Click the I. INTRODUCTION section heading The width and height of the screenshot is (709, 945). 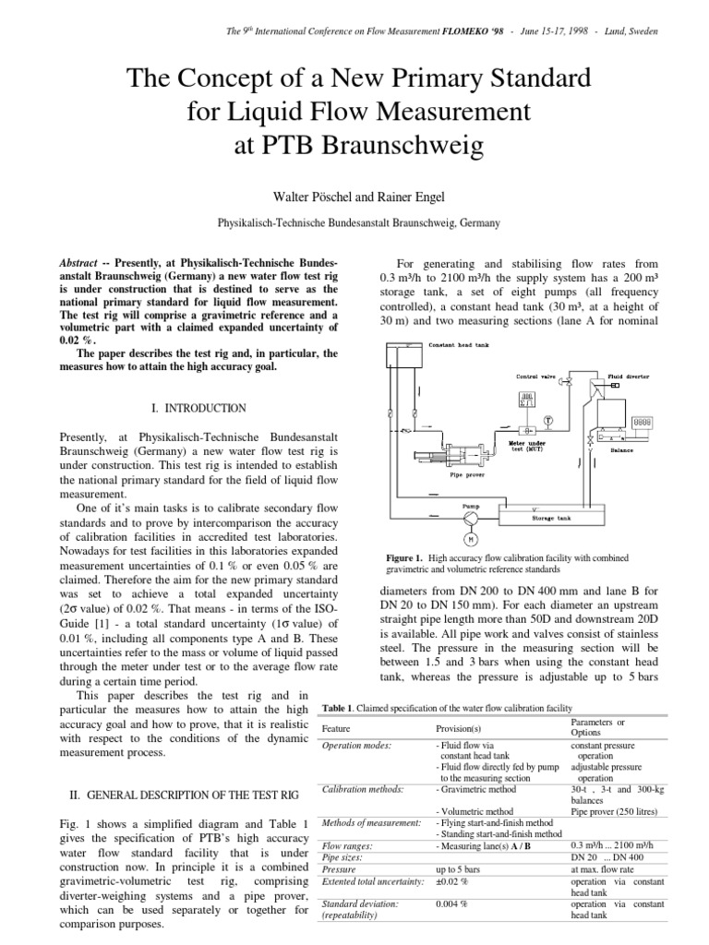coord(198,408)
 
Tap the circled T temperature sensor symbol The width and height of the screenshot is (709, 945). coord(547,420)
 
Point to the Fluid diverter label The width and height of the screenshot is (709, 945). coord(629,377)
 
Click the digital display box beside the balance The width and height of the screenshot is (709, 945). coord(643,421)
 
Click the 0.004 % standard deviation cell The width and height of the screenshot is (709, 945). coord(451,903)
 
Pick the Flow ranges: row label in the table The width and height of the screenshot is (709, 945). coord(346,845)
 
